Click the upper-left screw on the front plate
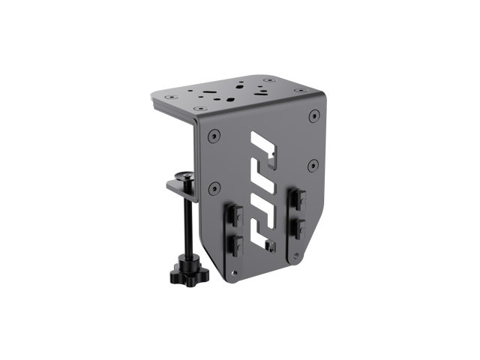tap(215, 137)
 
